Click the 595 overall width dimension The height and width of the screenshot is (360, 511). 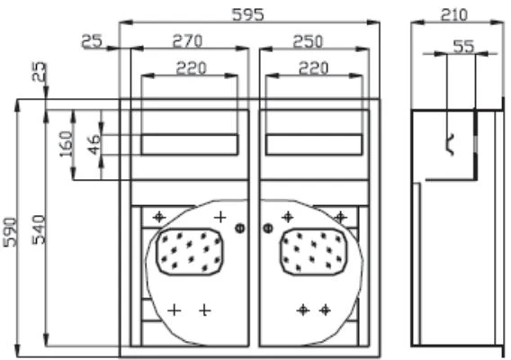click(247, 14)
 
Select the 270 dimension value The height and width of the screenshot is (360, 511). click(187, 41)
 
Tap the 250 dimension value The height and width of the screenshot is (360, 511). click(308, 41)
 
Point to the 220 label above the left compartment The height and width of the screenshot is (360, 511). click(192, 68)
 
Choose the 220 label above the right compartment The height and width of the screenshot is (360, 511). click(313, 68)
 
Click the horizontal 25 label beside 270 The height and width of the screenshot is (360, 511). click(92, 41)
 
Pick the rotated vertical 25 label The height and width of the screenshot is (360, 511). click(39, 71)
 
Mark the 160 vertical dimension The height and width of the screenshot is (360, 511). click(67, 143)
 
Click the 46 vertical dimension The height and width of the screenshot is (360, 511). click(94, 145)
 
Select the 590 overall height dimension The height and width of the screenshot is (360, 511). click(10, 232)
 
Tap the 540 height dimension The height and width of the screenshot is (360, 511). click(39, 229)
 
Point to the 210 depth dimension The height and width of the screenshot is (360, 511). click(454, 15)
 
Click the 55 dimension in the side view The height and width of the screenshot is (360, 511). click(463, 46)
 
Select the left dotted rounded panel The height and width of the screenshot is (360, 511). click(189, 252)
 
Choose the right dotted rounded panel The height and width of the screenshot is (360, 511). click(313, 252)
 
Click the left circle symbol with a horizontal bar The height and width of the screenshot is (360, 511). click(240, 229)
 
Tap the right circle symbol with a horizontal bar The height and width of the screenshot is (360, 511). click(268, 228)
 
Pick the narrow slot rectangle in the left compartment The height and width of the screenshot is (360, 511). click(190, 145)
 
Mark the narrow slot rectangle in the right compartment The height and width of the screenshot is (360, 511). click(314, 145)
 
